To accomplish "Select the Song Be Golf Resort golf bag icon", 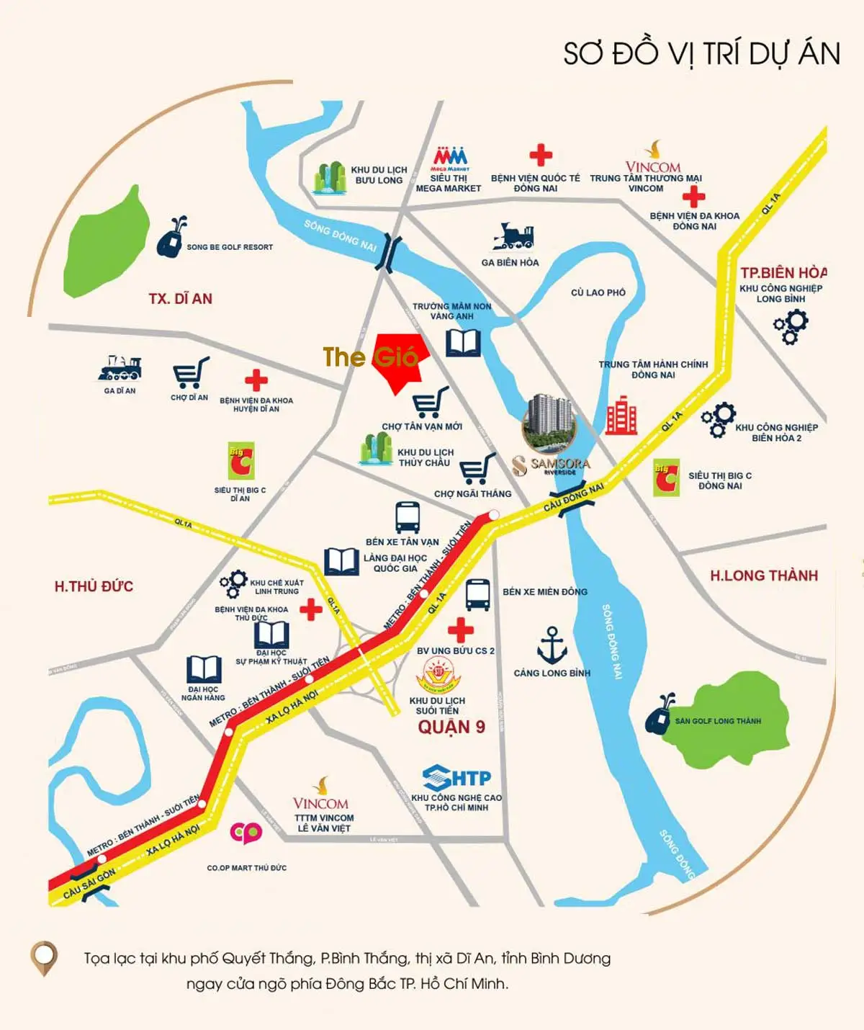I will pos(171,237).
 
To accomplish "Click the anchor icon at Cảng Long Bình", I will pos(552,645).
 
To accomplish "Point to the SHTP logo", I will pos(456,778).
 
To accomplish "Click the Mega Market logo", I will pos(450,158).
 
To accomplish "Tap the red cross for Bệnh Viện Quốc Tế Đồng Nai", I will pos(540,155).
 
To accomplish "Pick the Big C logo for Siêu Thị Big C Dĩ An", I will pos(240,462).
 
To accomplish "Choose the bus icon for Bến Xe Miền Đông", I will pos(478,594).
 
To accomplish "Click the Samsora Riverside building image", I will pos(549,424).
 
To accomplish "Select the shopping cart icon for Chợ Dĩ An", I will pos(191,373).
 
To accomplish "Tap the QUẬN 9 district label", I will pos(451,727).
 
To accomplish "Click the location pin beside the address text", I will pos(44,958).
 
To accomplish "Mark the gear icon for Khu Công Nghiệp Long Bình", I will pos(791,327).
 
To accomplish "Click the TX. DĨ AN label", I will pos(180,298).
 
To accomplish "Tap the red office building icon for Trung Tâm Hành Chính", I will pos(621,416).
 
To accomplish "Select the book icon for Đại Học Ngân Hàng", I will pos(204,669).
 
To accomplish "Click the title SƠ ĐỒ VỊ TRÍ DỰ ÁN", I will pos(701,54).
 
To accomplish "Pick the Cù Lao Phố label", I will pos(598,292).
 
